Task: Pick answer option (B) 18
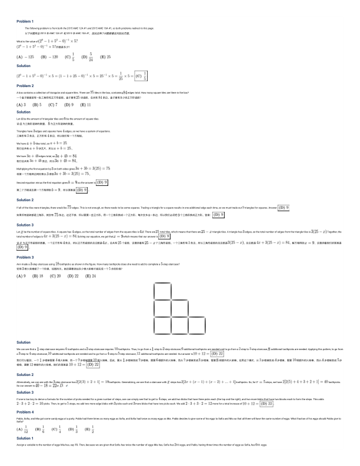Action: (x=39, y=275)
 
